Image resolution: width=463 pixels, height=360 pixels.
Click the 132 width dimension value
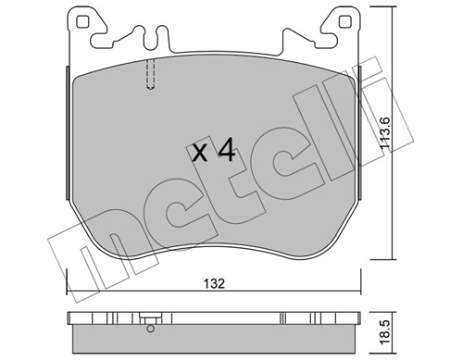coord(214,283)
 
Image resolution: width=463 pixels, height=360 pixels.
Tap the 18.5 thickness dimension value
coord(385,336)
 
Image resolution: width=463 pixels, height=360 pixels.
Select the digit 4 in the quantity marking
coord(226,150)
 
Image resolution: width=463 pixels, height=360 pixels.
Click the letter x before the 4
coord(200,154)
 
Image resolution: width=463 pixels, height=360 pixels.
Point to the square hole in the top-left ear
coord(82,22)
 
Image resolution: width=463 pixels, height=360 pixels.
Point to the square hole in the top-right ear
coord(344,22)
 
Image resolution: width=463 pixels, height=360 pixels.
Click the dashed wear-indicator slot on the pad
coord(150,74)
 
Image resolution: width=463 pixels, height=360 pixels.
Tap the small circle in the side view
coord(151,329)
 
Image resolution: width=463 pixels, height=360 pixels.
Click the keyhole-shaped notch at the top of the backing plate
coord(152,38)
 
